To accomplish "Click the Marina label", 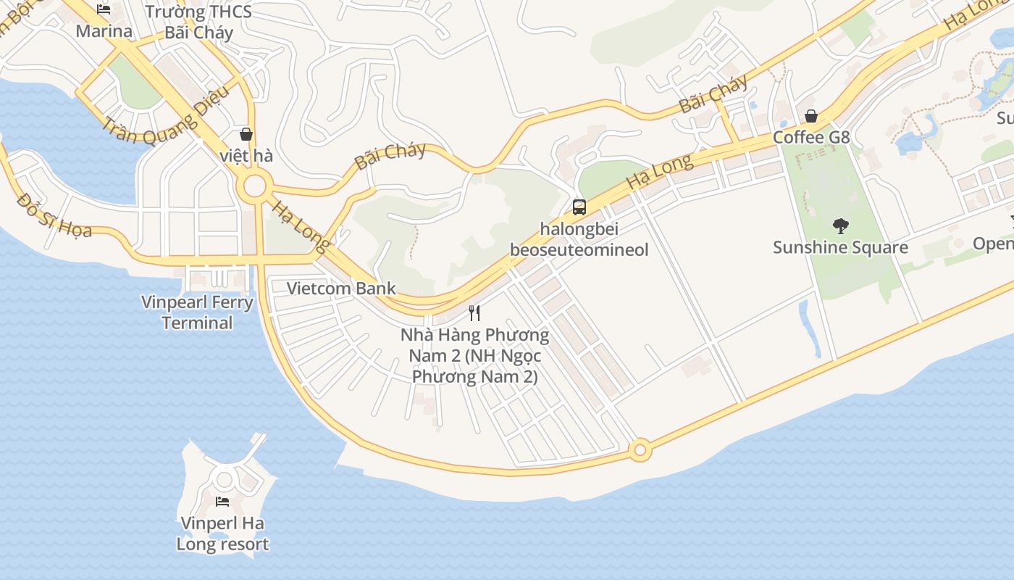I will click(104, 31).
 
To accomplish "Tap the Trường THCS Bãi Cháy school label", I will click(198, 22).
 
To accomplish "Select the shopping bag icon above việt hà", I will click(246, 134).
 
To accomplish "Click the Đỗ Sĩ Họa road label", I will click(54, 215).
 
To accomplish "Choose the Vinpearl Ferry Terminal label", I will click(197, 312).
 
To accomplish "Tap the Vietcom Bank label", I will click(341, 289).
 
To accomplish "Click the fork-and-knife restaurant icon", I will click(474, 313).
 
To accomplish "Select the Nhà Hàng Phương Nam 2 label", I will click(474, 356).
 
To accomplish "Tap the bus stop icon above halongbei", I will click(579, 207).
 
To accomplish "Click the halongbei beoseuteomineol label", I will click(579, 239).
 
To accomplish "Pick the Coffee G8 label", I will click(811, 137).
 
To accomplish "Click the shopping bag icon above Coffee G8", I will click(811, 116).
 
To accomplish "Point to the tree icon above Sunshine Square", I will click(840, 226).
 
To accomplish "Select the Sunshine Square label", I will click(840, 247).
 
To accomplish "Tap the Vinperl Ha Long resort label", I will click(223, 534).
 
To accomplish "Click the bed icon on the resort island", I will click(222, 501).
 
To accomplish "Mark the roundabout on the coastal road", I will click(640, 450).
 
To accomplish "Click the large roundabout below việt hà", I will click(254, 186).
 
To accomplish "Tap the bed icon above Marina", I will click(104, 9).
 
